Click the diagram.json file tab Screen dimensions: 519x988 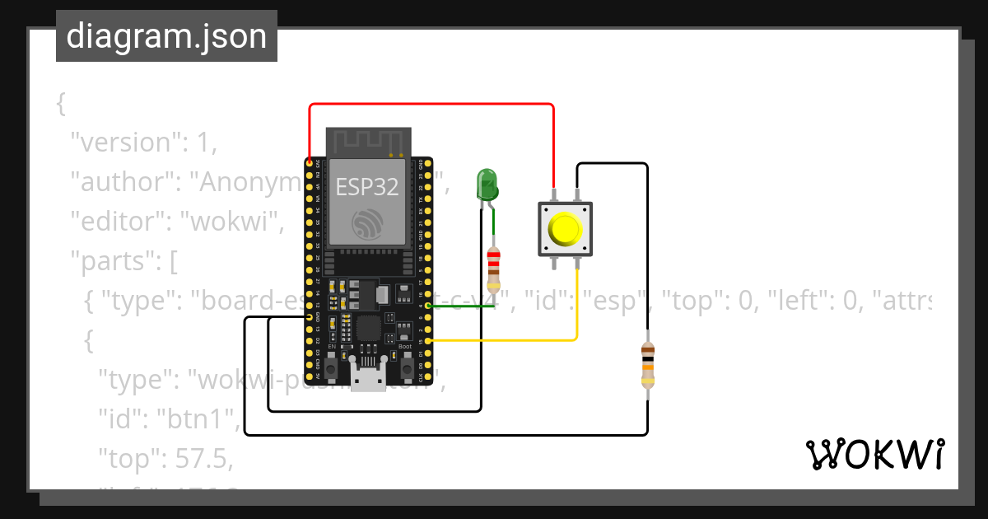pos(166,37)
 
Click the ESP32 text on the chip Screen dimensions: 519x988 pos(367,186)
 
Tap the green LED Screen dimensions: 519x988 pos(487,185)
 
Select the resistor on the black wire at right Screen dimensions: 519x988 pos(648,366)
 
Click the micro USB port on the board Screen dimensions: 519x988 pos(367,378)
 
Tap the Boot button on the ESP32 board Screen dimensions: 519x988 pos(404,368)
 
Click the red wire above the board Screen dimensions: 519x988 pos(428,105)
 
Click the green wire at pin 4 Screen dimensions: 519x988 pos(461,306)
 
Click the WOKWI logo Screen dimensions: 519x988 pos(874,455)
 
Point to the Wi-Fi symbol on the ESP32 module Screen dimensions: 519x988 pos(367,223)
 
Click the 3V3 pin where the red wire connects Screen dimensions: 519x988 pos(309,163)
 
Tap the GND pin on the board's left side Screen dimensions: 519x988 pos(309,316)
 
